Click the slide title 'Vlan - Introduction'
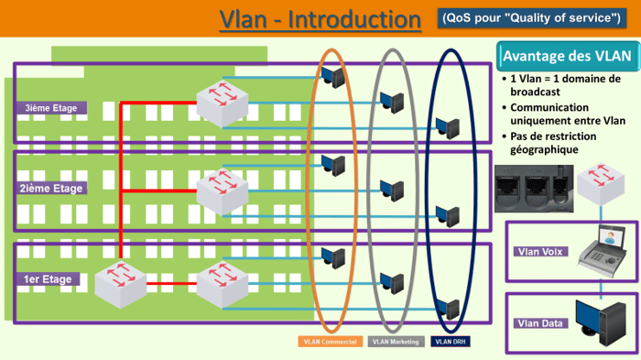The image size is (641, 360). point(314,19)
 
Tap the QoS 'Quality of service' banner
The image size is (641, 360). point(530,17)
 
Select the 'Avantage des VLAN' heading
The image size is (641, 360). point(567,56)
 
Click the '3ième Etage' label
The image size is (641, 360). point(51,108)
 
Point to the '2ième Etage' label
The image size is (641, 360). point(51,189)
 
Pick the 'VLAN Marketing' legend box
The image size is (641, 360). point(396,343)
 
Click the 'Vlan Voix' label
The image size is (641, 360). point(541,252)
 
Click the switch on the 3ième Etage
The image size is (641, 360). point(222,104)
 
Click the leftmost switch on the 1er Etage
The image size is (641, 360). point(120,280)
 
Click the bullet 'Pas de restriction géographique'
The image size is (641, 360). point(559,143)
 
